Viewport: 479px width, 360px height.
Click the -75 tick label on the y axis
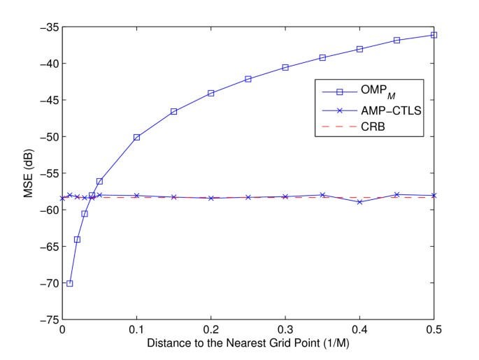point(48,319)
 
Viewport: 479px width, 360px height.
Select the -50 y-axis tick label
point(48,137)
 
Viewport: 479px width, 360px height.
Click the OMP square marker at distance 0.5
point(434,35)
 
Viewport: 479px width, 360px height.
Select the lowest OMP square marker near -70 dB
point(70,283)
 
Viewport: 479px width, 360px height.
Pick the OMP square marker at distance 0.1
point(137,137)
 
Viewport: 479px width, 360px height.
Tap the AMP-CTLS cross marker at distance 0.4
point(359,201)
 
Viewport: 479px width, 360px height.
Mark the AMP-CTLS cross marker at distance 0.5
point(434,195)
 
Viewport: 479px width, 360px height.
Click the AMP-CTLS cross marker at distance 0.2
point(211,198)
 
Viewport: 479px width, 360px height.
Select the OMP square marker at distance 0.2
point(211,93)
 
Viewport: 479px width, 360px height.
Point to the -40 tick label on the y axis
point(48,64)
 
